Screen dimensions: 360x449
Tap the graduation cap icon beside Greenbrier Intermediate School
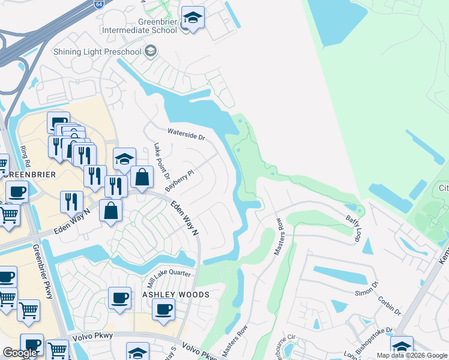pos(193,18)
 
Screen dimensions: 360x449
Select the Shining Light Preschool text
pos(97,52)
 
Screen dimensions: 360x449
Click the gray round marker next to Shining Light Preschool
pos(150,50)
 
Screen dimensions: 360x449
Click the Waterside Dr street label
pos(186,134)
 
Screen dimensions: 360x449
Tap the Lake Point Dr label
pos(158,160)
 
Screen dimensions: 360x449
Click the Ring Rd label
pos(25,155)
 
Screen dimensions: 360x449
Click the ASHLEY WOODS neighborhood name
pos(175,295)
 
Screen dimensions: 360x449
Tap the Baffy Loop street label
pos(353,229)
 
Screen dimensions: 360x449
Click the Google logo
pos(20,353)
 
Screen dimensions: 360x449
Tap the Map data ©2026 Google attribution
pos(411,355)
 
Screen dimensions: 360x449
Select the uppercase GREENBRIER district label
pos(29,175)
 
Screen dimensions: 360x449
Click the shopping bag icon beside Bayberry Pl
pos(142,177)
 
